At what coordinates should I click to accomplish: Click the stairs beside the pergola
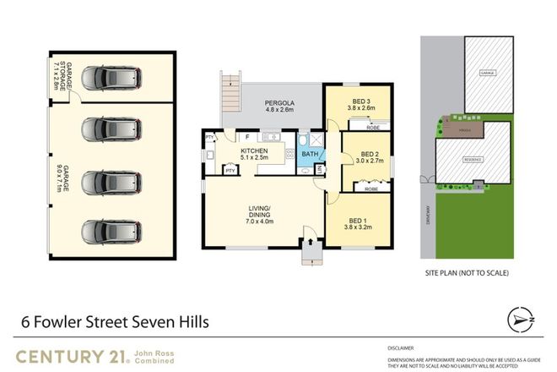(x=230, y=90)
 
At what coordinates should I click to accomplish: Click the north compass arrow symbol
(x=522, y=319)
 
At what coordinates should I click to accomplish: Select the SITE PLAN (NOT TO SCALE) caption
(x=467, y=273)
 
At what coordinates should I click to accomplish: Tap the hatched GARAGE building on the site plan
(x=487, y=74)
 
